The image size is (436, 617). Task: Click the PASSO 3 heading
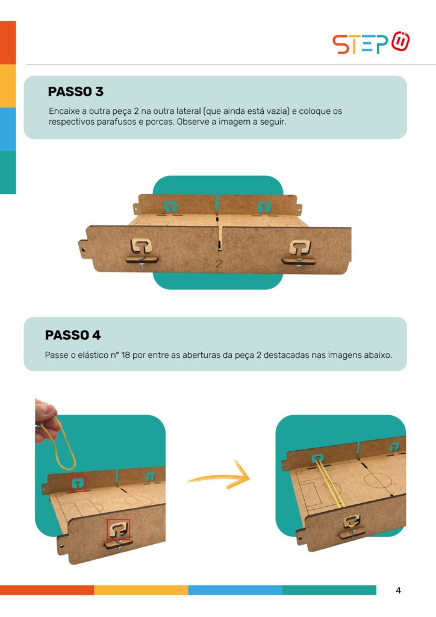(x=75, y=92)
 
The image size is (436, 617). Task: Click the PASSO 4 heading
(x=73, y=335)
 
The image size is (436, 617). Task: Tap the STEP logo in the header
(x=371, y=43)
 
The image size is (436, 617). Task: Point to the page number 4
(x=398, y=590)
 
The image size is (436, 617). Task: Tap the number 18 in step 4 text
(x=125, y=355)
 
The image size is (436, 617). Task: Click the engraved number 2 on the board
(x=219, y=264)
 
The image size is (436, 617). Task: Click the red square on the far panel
(x=78, y=483)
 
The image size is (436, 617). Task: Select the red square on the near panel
(x=119, y=529)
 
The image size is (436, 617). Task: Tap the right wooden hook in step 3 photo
(x=299, y=252)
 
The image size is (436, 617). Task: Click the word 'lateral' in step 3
(x=188, y=111)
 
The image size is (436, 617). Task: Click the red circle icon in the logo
(x=400, y=41)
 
